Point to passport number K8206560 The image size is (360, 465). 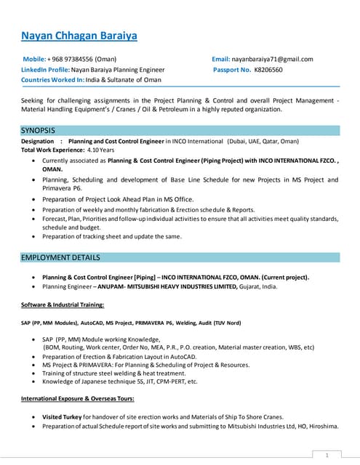268,70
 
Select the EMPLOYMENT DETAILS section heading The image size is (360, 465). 60,257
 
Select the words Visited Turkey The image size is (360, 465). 61,416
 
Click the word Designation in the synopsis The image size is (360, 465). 38,141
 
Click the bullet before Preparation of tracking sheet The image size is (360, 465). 35,236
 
